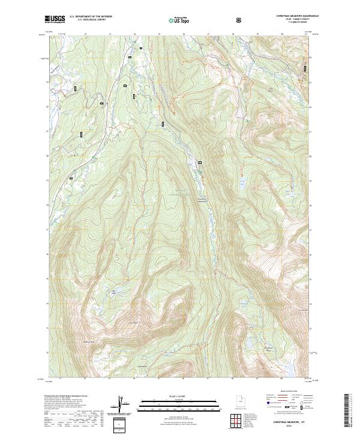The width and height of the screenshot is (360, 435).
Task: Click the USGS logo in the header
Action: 55,19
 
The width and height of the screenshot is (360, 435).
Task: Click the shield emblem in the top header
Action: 241,20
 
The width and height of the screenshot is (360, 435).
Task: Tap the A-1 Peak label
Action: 134,322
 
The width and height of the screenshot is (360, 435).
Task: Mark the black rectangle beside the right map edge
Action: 305,69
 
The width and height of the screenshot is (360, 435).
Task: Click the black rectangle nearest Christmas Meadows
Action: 200,163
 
